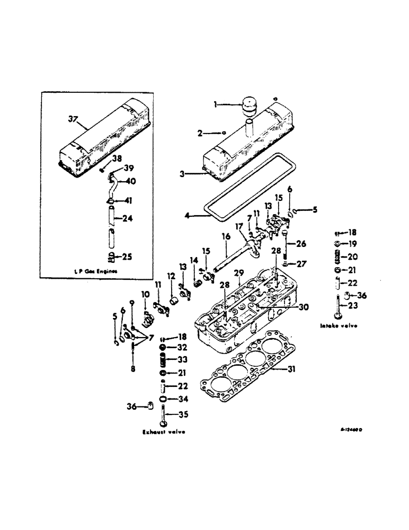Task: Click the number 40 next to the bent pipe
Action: click(x=131, y=181)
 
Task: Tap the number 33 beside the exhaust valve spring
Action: click(x=183, y=359)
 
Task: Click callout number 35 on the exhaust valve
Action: click(x=183, y=414)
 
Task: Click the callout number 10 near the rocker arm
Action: click(x=145, y=294)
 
